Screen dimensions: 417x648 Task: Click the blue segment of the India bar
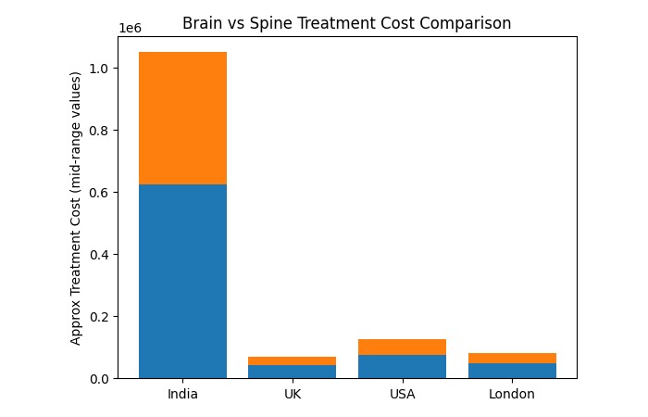[x=182, y=281]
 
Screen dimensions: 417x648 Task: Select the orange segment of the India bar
[x=182, y=118]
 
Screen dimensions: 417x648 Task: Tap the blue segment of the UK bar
[x=292, y=372]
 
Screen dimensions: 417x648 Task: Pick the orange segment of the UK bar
[x=292, y=360]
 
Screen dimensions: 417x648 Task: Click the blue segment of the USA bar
[x=402, y=366]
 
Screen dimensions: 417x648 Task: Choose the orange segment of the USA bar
[x=402, y=347]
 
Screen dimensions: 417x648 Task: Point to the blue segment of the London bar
[x=512, y=371]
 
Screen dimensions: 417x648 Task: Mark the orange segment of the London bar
[x=512, y=358]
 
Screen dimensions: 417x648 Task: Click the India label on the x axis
[x=182, y=394]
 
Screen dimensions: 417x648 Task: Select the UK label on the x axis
[x=292, y=394]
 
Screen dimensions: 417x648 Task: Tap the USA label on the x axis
[x=402, y=394]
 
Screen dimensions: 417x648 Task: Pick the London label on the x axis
[x=512, y=394]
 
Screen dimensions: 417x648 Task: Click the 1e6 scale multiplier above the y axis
[x=129, y=29]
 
